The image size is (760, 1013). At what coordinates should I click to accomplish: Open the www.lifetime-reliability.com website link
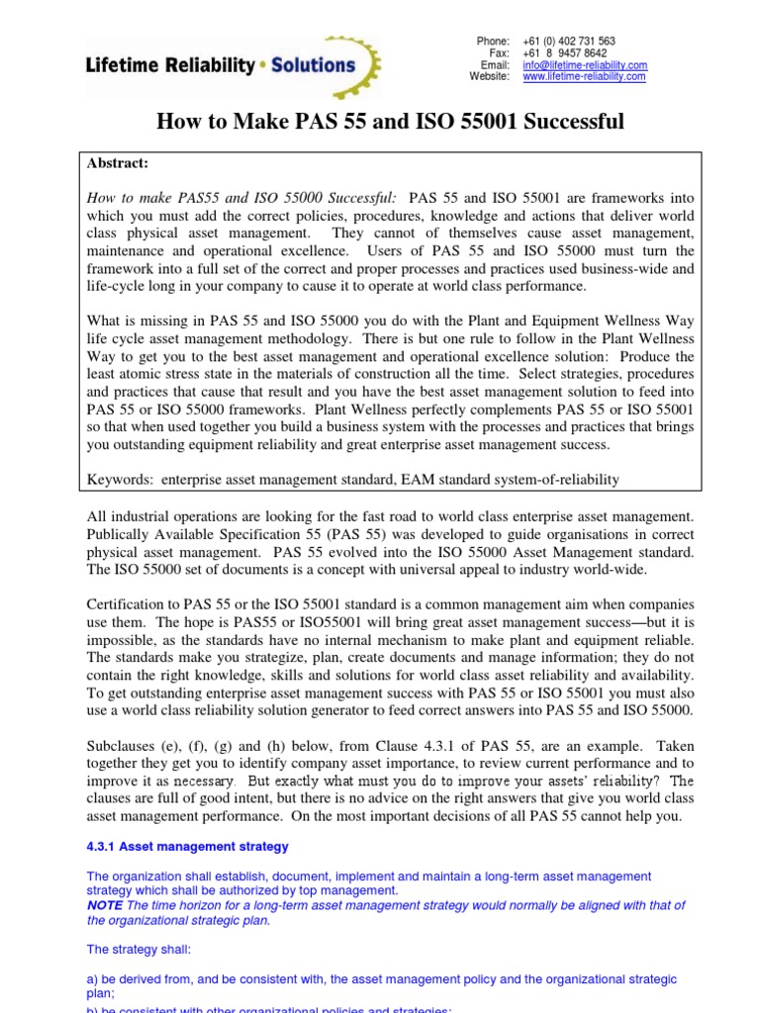coord(584,76)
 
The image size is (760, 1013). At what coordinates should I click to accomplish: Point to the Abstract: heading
coord(118,164)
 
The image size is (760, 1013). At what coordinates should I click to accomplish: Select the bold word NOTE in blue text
coord(105,905)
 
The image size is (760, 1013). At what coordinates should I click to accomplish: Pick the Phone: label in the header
coord(492,41)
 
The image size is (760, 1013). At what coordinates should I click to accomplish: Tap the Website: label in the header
coord(489,76)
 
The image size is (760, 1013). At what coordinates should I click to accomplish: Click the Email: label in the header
coord(495,64)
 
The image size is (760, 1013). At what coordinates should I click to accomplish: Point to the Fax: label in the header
coord(499,52)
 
